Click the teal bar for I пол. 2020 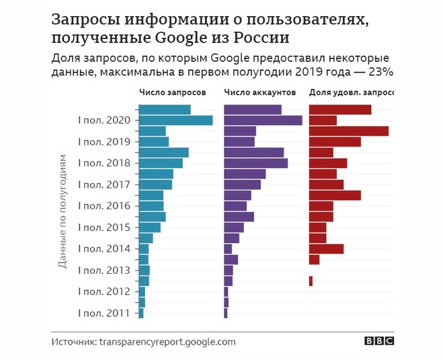(x=175, y=120)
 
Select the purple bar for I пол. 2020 (x=262, y=120)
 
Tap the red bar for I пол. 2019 (x=334, y=142)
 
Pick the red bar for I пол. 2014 (x=325, y=249)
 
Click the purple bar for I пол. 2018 (x=255, y=163)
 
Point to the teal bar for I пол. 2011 (x=140, y=313)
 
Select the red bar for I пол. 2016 (x=321, y=206)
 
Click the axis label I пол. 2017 (x=104, y=184)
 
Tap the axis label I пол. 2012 (x=104, y=291)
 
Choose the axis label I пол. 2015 (x=104, y=227)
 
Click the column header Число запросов (x=172, y=92)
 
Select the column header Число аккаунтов (x=259, y=92)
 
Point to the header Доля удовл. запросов (x=351, y=92)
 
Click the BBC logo (x=379, y=341)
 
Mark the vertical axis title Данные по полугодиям (x=62, y=212)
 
